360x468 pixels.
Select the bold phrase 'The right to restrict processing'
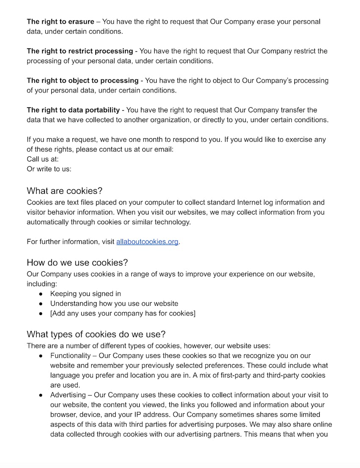tap(80, 51)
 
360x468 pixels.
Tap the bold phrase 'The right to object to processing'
tap(83, 81)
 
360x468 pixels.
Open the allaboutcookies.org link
tap(147, 242)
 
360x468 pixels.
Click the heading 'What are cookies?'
tap(64, 191)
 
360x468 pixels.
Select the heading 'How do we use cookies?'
tap(77, 262)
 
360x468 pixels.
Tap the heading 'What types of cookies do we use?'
tap(96, 334)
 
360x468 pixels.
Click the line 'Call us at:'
tap(43, 159)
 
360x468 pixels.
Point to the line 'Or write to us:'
tap(49, 169)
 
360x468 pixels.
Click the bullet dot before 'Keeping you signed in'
tap(41, 294)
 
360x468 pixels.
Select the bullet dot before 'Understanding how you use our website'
tap(41, 304)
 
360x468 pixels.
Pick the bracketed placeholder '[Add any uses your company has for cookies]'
tap(123, 314)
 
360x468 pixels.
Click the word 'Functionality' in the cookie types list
tap(70, 356)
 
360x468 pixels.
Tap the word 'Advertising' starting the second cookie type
tap(69, 395)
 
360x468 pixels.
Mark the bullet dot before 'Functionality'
tap(41, 356)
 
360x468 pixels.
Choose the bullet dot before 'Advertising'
tap(41, 395)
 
